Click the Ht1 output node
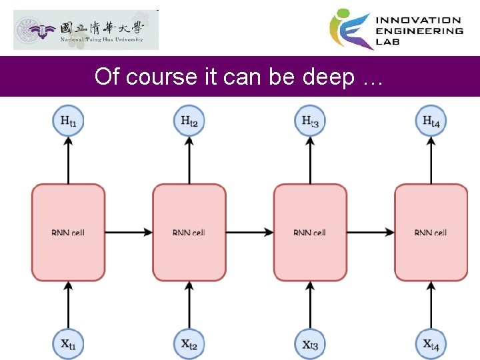click(x=68, y=121)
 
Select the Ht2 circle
click(x=189, y=121)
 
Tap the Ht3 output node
click(x=310, y=121)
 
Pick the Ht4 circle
click(x=431, y=121)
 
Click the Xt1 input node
click(x=68, y=344)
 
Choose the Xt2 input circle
click(x=189, y=344)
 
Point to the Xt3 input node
click(x=310, y=344)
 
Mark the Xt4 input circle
click(x=431, y=344)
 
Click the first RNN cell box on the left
click(x=68, y=232)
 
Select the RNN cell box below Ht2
click(x=189, y=232)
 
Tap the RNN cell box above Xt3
click(x=310, y=232)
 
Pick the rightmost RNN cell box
click(x=431, y=232)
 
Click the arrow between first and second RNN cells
click(x=129, y=232)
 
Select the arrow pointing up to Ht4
click(x=431, y=159)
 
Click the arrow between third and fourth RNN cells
click(x=371, y=232)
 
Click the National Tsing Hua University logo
click(x=86, y=30)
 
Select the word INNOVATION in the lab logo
click(x=419, y=21)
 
